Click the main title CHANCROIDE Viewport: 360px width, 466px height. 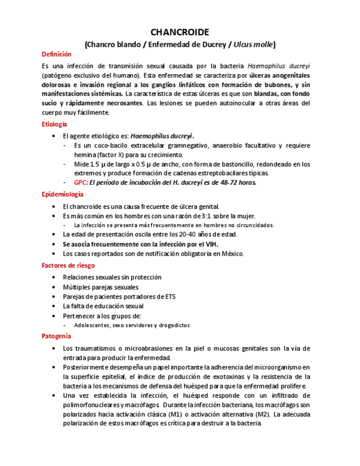(x=180, y=32)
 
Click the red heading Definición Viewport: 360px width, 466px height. (x=57, y=54)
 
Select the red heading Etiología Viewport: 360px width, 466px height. (x=54, y=125)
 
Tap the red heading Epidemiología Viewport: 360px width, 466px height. (x=63, y=195)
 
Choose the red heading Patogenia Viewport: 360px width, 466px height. (x=56, y=336)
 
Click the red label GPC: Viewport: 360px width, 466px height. (x=81, y=182)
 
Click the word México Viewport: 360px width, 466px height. (x=231, y=253)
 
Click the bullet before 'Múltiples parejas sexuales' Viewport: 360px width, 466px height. (x=53, y=287)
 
